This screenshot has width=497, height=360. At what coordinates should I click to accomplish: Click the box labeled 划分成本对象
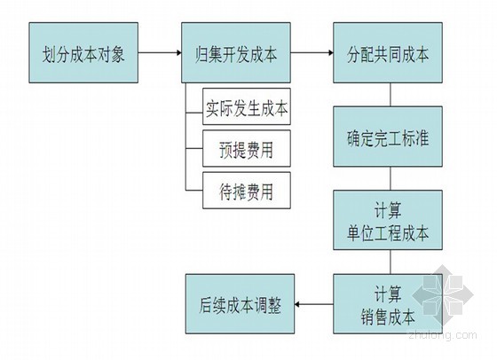(83, 52)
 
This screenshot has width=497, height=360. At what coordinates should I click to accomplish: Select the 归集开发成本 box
(236, 52)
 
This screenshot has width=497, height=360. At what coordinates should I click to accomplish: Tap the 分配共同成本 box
(388, 52)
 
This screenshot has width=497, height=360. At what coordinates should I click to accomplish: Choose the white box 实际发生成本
(247, 106)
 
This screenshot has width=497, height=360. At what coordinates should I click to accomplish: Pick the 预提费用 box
(247, 148)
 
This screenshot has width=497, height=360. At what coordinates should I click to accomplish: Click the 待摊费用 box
(247, 191)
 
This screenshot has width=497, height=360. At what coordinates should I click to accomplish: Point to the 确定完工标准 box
(388, 137)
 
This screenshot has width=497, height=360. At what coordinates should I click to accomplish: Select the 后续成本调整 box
(240, 304)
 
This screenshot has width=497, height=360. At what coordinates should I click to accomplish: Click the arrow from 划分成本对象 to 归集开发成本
(160, 52)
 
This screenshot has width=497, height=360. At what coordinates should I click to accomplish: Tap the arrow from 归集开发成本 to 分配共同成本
(312, 52)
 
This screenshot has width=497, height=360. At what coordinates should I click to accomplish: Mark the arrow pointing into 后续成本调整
(314, 304)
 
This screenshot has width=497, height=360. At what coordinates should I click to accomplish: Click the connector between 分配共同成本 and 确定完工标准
(390, 95)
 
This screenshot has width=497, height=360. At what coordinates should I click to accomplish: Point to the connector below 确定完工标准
(390, 178)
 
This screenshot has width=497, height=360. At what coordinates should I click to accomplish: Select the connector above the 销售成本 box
(390, 262)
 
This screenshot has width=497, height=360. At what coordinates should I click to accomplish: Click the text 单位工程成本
(388, 233)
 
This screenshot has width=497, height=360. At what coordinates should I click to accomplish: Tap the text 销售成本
(388, 317)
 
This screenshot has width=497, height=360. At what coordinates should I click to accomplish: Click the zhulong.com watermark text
(443, 335)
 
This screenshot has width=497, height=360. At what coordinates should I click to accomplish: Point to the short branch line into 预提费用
(194, 148)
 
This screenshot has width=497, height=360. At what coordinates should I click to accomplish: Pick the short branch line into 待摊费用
(194, 191)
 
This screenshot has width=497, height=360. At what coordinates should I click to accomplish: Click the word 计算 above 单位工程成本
(388, 210)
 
